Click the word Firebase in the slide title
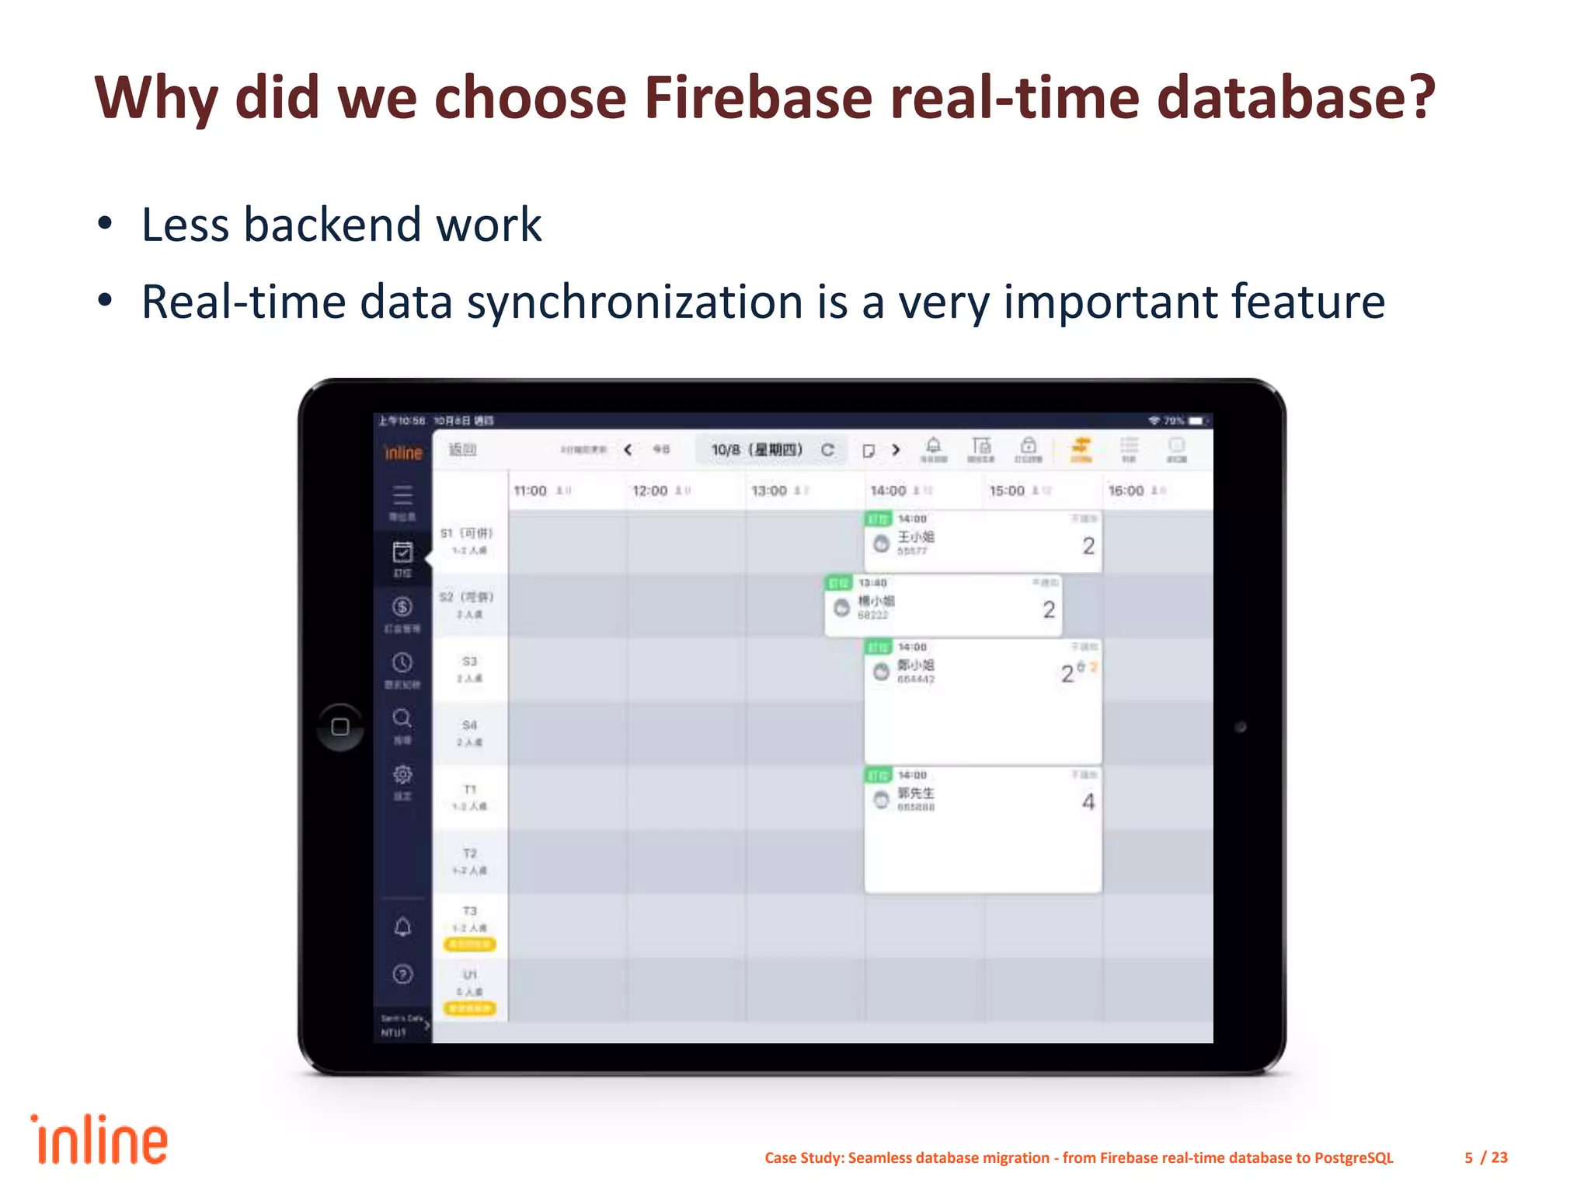pos(758,98)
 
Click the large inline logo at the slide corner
pos(99,1140)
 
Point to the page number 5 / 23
pos(1485,1157)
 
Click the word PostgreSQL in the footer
pos(1353,1157)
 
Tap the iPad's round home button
pos(340,727)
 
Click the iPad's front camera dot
pos(1241,727)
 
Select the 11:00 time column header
pos(531,491)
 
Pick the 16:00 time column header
pos(1126,491)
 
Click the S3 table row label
pos(469,662)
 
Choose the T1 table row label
pos(469,790)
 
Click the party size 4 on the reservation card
pos(1088,802)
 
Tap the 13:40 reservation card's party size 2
pos(1049,610)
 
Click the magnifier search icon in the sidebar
pos(402,718)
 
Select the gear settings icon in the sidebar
pos(402,775)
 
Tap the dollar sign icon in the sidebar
pos(402,607)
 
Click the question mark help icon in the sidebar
pos(402,974)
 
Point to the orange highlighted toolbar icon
pos(1081,448)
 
